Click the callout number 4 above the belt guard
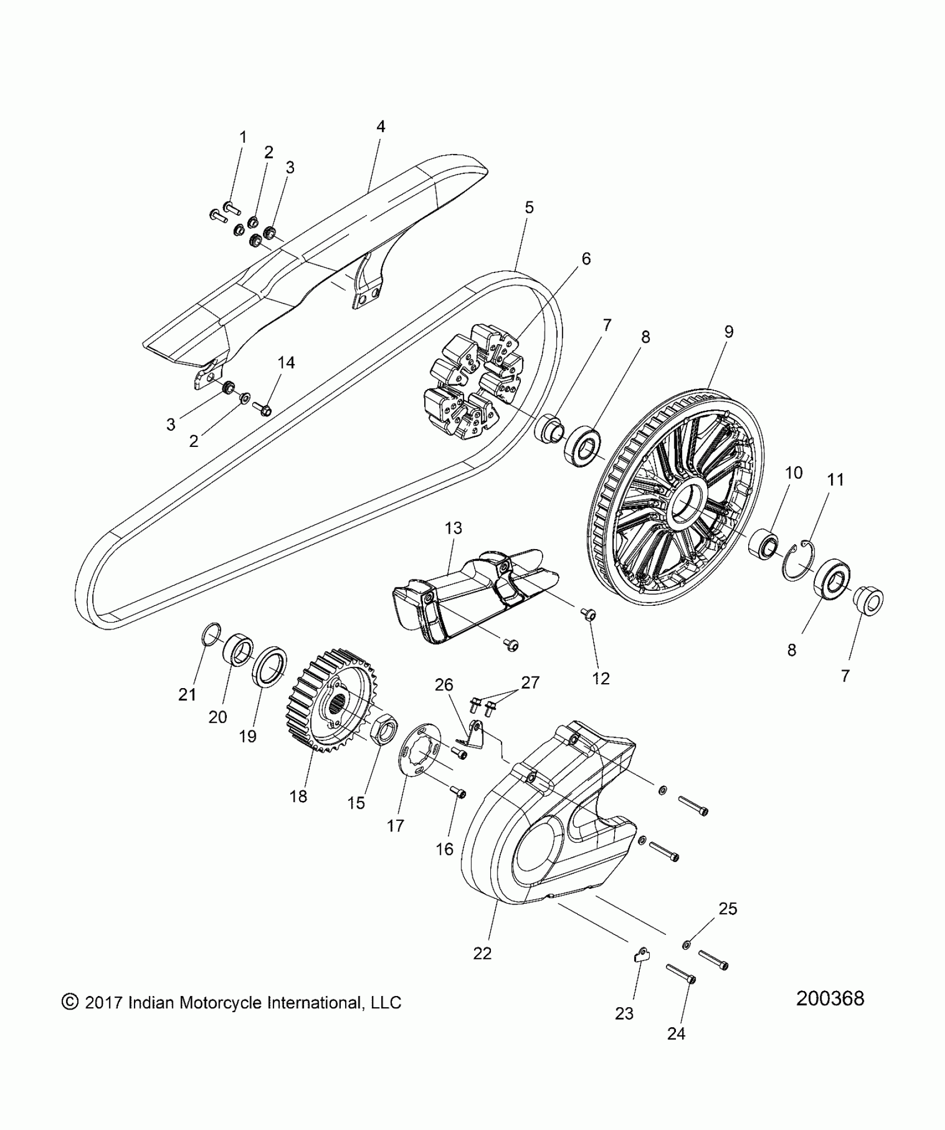pos(380,127)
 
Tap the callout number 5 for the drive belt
pos(529,207)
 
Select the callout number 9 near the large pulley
pos(728,332)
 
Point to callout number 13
pos(454,528)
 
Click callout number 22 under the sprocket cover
pos(482,953)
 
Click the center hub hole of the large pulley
pos(688,504)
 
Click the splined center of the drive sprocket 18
pos(337,707)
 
